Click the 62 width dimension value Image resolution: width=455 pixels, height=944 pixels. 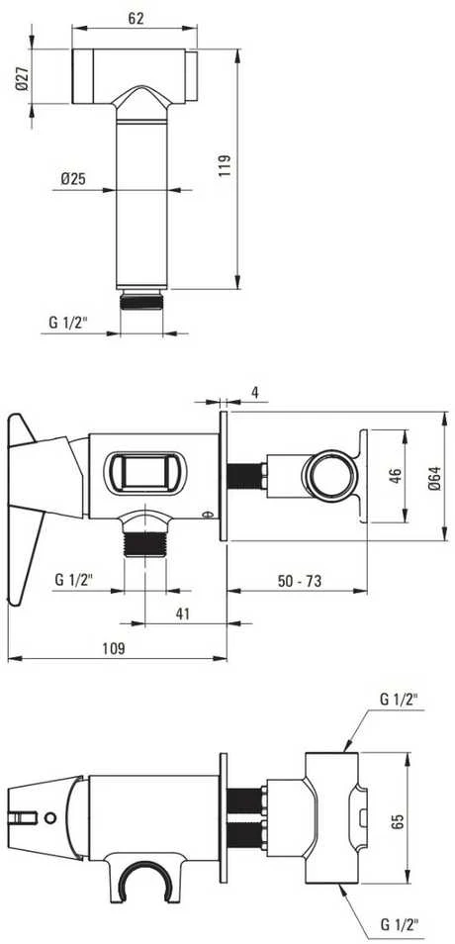[x=136, y=19]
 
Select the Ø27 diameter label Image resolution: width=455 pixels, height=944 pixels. [x=22, y=78]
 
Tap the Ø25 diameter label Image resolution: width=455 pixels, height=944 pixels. [x=73, y=178]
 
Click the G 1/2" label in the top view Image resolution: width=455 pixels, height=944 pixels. [x=68, y=323]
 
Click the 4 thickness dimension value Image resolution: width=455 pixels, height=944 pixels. [x=255, y=392]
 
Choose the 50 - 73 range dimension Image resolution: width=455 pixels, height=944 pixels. [x=299, y=581]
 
